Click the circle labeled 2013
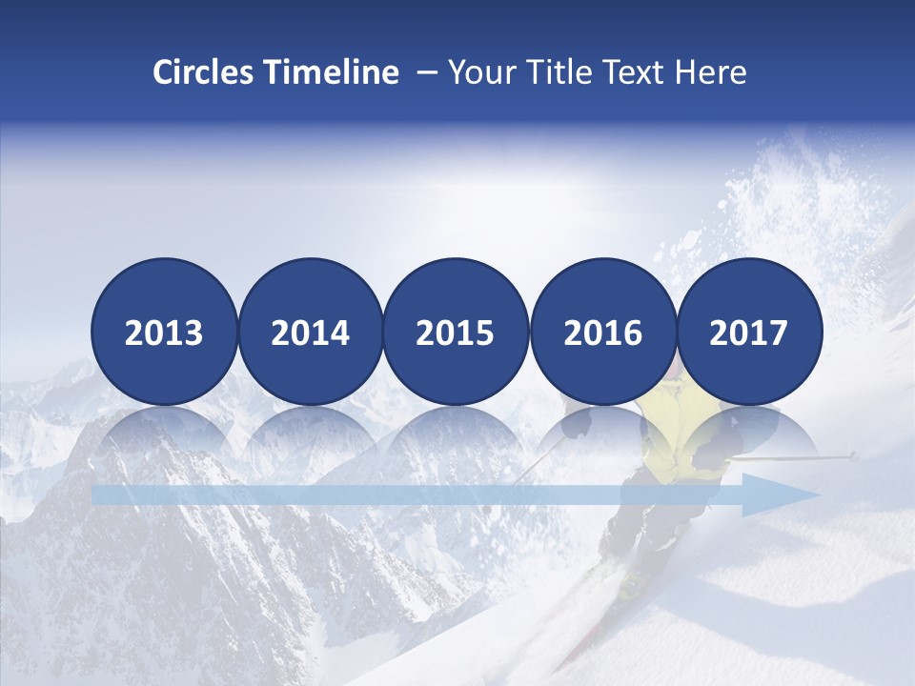click(x=164, y=332)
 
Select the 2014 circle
click(x=310, y=332)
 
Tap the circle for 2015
click(x=456, y=332)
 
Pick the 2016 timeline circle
click(x=602, y=332)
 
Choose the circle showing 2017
click(x=748, y=332)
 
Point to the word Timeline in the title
click(x=333, y=72)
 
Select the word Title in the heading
click(x=563, y=72)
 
